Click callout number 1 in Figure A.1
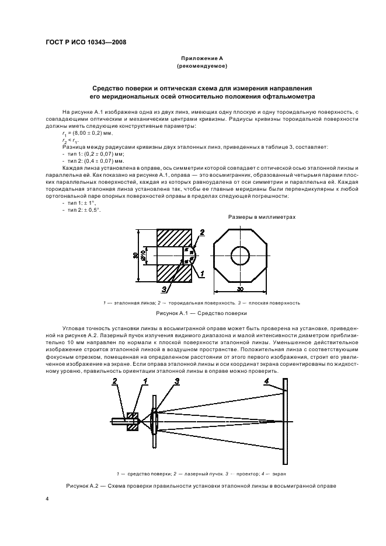[x=202, y=273]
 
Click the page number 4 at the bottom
[x=46, y=500]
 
